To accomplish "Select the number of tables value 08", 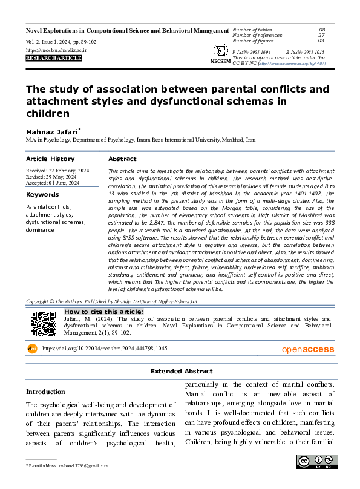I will tap(322, 30).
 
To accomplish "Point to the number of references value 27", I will tap(322, 35).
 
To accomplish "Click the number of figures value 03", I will tap(322, 41).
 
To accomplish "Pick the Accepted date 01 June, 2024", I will tap(53, 182).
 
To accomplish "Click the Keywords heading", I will tap(42, 195).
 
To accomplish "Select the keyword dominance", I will tap(40, 230).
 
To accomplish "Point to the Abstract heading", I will tap(122, 159).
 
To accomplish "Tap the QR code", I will tap(43, 324).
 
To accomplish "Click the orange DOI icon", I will tap(32, 349).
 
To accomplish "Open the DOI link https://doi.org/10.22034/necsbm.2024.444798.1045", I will tap(105, 349).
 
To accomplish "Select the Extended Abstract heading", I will tap(182, 371).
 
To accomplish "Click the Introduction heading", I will tap(45, 392).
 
